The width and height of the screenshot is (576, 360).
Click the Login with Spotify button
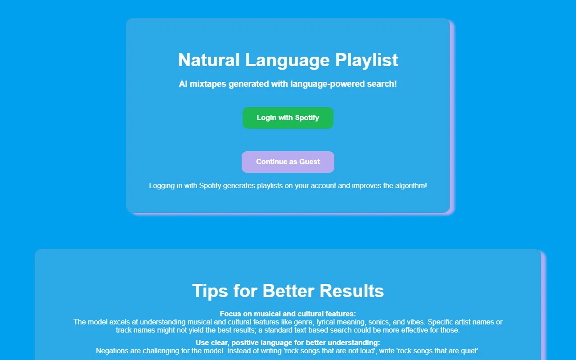288,118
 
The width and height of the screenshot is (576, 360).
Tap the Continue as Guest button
288,162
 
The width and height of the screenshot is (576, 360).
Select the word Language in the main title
288,60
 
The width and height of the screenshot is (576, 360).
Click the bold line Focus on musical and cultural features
288,314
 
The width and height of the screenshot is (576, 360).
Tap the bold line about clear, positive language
288,343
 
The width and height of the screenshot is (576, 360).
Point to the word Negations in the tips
113,351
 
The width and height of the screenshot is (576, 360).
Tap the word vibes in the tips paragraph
416,322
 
